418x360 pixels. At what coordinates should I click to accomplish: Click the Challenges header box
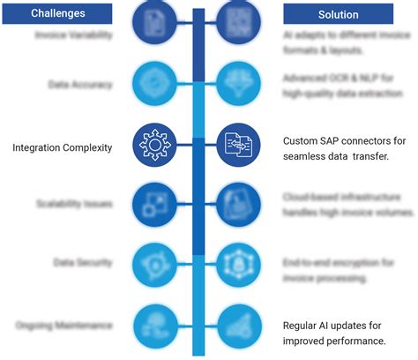[58, 13]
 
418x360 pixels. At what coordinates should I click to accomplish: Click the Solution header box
[338, 14]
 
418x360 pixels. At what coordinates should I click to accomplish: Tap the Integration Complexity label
[62, 147]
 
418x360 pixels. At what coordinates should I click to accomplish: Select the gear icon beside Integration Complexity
[154, 144]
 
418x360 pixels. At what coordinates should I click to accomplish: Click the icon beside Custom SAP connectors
[238, 144]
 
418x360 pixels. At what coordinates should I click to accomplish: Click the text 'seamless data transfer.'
[337, 156]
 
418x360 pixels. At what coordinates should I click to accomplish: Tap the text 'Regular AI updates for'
[334, 325]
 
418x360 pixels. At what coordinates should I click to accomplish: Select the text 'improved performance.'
[334, 341]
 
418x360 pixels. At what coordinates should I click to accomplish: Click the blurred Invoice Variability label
[73, 35]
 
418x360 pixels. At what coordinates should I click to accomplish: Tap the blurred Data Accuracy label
[80, 85]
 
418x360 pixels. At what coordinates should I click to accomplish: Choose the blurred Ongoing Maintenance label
[64, 325]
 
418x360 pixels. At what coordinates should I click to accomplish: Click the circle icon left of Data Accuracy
[154, 85]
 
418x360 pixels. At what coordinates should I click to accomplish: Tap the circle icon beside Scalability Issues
[154, 205]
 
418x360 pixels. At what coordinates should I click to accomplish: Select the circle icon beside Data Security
[154, 264]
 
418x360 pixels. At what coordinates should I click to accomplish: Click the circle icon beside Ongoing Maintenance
[154, 325]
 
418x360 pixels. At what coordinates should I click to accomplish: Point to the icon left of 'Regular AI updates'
[238, 325]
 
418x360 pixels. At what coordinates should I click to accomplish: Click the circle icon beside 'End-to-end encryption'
[238, 264]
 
